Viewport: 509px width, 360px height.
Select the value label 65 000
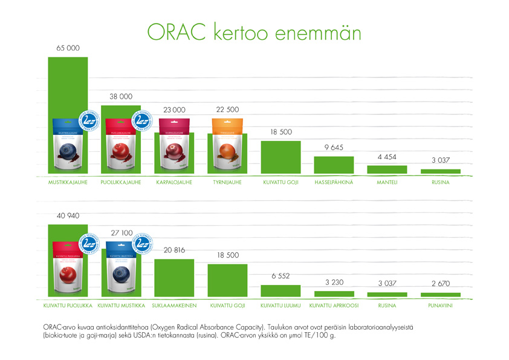68,48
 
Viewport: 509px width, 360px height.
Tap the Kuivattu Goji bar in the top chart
280,157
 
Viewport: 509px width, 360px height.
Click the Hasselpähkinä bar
334,165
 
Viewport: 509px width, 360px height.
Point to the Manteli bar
387,169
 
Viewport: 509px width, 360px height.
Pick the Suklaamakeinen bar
174,278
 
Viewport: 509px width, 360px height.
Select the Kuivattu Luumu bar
280,290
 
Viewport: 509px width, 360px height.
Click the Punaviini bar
440,295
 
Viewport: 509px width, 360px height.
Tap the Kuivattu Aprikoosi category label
334,306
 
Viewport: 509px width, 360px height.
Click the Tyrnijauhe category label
227,182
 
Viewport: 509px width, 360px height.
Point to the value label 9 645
334,147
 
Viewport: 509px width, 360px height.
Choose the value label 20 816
174,250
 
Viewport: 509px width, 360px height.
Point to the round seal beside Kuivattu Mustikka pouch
143,243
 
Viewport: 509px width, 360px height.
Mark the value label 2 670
440,284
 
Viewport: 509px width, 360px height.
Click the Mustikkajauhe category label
68,182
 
